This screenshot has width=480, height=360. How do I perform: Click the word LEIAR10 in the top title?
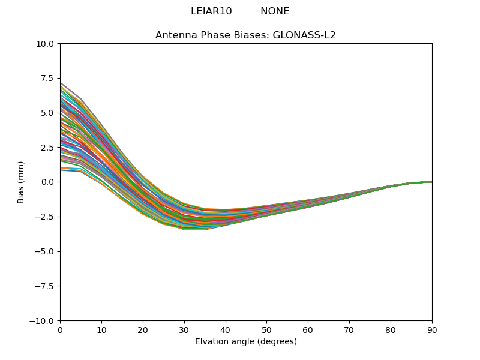point(211,11)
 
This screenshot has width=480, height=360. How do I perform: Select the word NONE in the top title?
point(275,11)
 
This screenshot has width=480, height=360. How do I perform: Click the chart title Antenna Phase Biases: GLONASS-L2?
point(245,35)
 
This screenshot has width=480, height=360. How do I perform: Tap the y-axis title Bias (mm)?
point(21,182)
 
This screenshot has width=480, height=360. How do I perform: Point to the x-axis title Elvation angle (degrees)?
point(246,341)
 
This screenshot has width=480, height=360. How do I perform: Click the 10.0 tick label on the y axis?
point(46,43)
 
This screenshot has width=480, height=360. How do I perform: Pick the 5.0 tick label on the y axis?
point(49,113)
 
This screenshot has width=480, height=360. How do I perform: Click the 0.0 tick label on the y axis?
point(49,182)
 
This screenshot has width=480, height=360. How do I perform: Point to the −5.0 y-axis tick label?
point(46,251)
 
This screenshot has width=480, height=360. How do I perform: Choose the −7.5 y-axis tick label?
point(46,286)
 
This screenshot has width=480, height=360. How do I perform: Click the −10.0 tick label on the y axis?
point(43,321)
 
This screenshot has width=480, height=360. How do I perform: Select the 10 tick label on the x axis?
point(101,330)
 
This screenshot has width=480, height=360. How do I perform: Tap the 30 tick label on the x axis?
point(184,330)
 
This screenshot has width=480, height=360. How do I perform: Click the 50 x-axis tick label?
point(266,330)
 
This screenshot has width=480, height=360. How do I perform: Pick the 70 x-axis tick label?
point(349,330)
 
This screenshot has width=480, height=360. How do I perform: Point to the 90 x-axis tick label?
point(432,330)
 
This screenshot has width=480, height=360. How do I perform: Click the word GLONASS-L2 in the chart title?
point(304,35)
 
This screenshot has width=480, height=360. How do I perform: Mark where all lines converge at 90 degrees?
point(431,182)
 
